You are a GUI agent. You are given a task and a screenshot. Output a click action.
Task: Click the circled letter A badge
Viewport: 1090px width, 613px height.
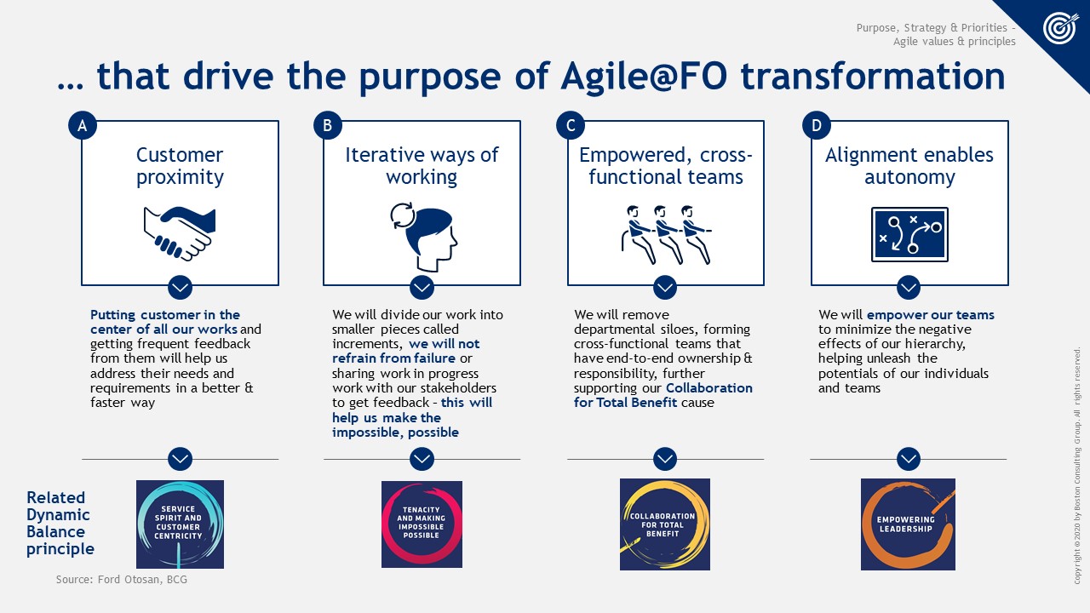83,125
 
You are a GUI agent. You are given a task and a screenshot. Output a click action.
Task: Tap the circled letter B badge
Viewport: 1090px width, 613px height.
328,125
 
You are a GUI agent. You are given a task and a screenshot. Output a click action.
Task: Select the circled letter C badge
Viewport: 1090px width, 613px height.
571,125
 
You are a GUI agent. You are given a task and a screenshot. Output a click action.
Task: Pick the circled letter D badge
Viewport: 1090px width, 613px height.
816,125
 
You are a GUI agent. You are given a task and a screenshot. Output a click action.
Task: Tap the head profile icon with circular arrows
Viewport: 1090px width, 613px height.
423,237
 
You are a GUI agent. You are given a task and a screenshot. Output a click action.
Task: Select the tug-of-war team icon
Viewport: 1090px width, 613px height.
666,234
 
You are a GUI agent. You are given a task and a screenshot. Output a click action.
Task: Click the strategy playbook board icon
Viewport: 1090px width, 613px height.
909,234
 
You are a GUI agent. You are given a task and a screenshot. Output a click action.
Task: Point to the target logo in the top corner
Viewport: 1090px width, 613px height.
1061,28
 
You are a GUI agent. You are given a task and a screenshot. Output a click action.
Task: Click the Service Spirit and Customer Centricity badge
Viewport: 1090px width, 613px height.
180,524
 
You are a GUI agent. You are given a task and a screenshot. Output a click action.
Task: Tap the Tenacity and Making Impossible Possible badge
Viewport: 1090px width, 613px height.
422,524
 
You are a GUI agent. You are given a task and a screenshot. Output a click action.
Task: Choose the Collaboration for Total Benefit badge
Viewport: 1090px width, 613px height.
665,524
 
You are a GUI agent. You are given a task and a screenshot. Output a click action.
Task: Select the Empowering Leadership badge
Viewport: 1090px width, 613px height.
908,524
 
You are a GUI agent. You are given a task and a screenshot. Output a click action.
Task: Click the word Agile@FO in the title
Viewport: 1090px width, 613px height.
645,77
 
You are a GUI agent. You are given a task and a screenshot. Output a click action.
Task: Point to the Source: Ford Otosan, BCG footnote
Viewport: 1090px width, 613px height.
122,580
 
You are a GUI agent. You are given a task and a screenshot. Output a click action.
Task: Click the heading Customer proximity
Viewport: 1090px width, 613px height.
180,166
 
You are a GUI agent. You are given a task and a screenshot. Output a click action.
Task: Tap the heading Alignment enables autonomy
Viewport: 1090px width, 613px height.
909,166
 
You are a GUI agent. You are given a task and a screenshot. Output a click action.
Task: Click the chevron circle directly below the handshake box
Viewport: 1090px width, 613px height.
180,288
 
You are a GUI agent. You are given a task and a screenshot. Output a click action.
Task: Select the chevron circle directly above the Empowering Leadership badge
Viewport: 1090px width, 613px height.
908,459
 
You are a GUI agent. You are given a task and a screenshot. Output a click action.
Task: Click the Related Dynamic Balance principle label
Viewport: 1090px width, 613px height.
60,523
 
